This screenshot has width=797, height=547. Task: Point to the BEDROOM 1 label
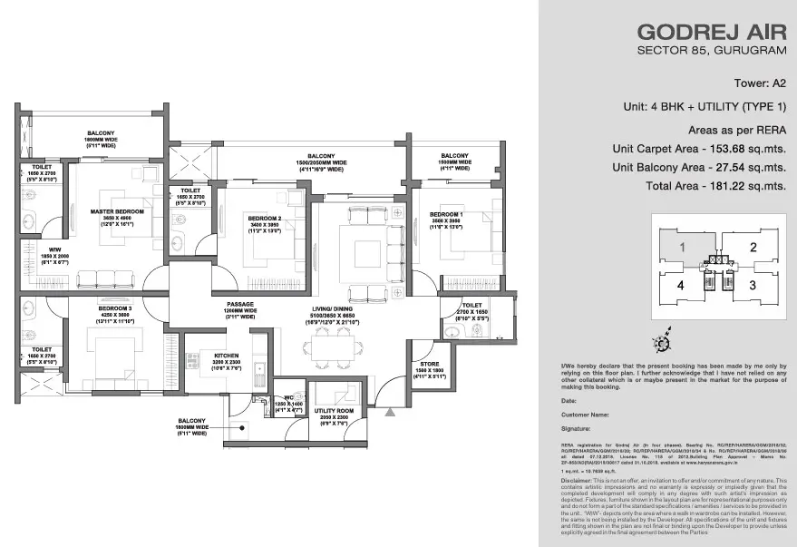446,214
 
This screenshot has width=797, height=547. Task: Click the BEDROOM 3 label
116,308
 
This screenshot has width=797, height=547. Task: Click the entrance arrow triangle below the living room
390,413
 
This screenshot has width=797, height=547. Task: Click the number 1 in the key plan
682,246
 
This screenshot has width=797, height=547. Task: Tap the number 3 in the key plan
752,284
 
